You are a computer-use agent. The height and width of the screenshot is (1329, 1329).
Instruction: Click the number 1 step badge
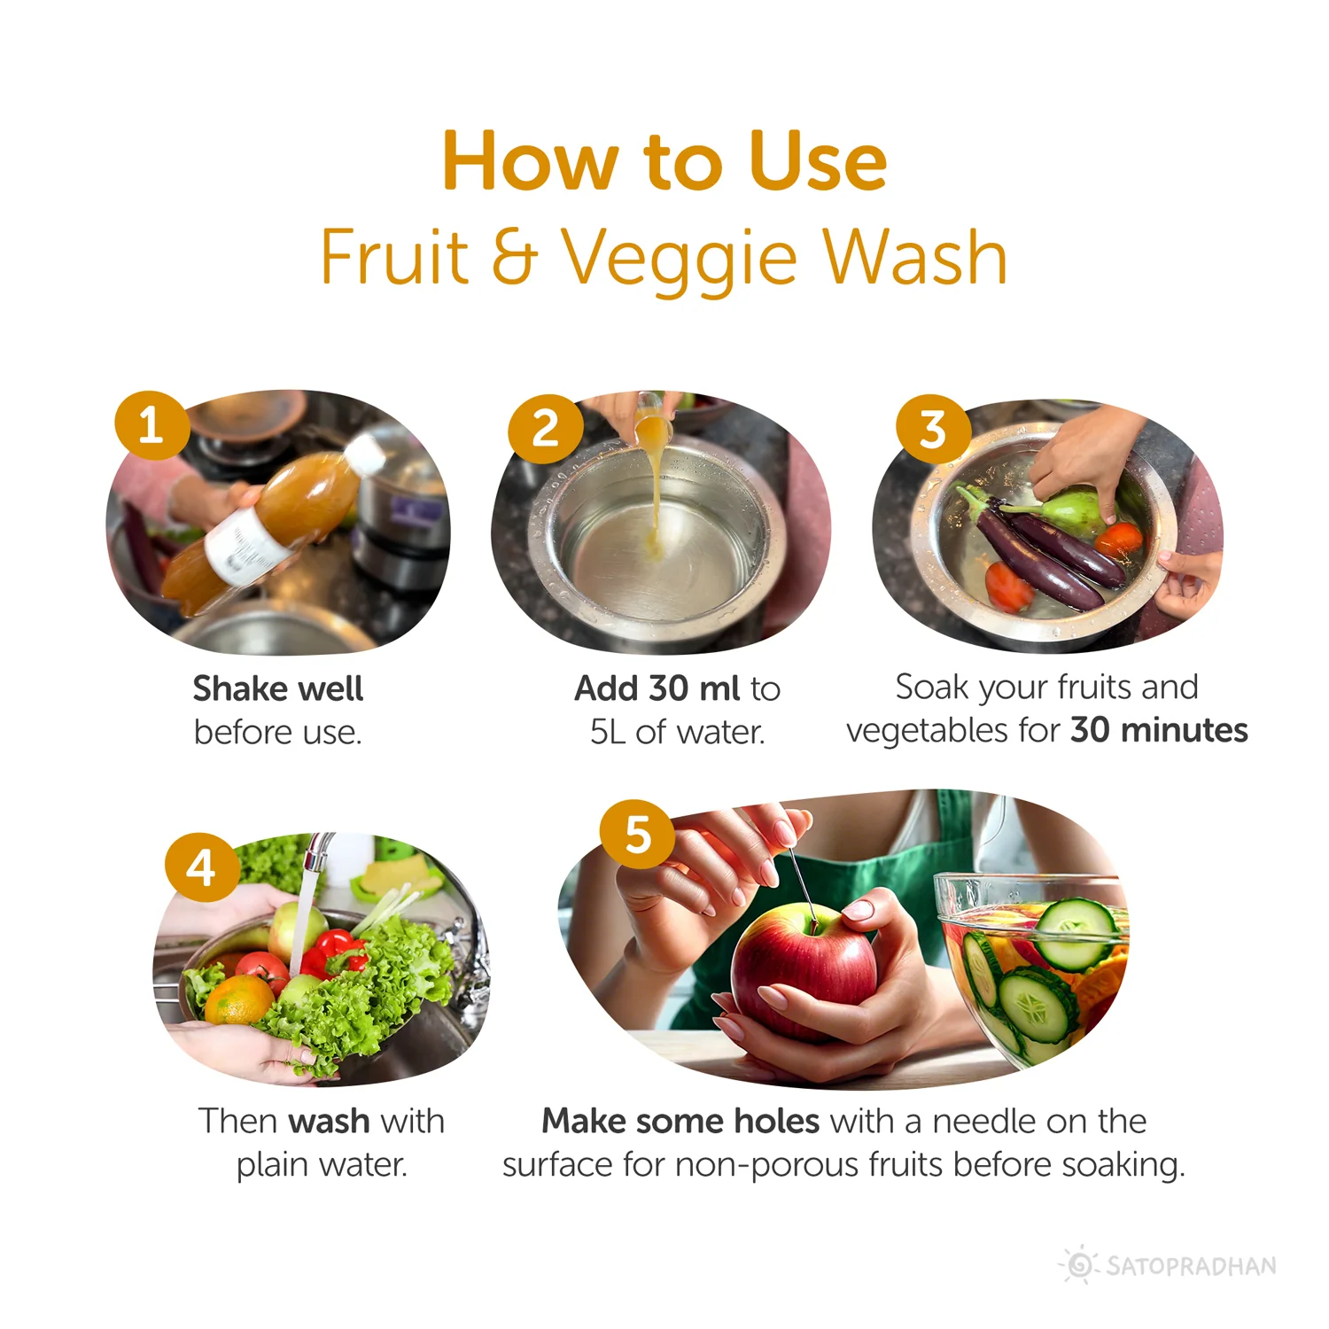click(x=152, y=425)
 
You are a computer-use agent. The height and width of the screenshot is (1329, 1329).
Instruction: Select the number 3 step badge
click(x=934, y=430)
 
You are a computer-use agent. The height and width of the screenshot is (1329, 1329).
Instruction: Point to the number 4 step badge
click(x=203, y=867)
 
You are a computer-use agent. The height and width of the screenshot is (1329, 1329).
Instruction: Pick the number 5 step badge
click(x=638, y=835)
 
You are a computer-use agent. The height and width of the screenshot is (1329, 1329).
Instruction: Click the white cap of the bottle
click(x=365, y=452)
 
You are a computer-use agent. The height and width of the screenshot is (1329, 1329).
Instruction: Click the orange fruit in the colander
click(x=237, y=999)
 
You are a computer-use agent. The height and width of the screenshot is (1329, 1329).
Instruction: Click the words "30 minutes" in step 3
click(x=1159, y=730)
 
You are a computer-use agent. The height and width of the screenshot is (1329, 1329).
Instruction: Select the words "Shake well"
click(x=278, y=688)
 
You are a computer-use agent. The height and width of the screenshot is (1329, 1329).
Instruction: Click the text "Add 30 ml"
click(x=657, y=688)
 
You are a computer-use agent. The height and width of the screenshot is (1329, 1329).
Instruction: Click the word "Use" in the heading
click(x=818, y=161)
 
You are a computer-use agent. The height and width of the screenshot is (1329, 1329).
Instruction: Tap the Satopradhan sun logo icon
click(x=1079, y=1264)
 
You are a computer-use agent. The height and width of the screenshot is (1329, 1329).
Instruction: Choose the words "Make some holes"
click(x=680, y=1122)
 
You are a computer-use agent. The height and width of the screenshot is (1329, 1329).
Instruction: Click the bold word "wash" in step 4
click(x=329, y=1122)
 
